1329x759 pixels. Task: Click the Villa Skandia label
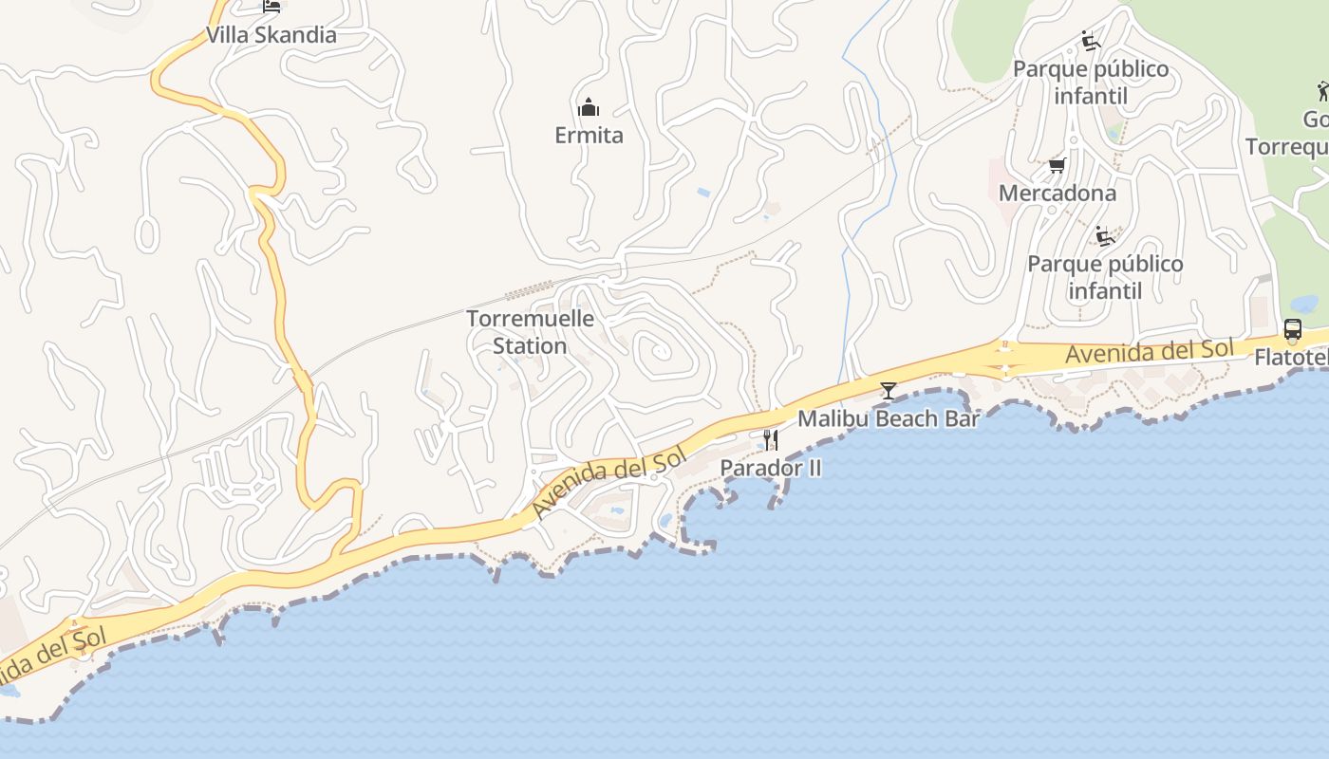pos(271,35)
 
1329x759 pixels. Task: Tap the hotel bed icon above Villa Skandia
pos(271,7)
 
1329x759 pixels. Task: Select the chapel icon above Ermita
pos(589,106)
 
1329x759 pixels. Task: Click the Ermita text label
pos(589,136)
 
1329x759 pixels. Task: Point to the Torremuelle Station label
pos(530,332)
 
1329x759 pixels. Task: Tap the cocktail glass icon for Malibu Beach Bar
pos(888,390)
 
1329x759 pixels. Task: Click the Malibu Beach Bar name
pos(888,418)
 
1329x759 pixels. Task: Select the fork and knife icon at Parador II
pos(770,439)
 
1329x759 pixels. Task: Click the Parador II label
pos(770,468)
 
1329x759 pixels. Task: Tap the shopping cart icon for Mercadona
pos(1057,166)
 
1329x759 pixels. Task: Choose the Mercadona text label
pos(1057,194)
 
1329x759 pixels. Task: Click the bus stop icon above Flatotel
pos(1292,329)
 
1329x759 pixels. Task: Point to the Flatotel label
pos(1291,358)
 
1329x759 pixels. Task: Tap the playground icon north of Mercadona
pos(1091,41)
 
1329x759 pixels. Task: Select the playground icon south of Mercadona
pos(1104,235)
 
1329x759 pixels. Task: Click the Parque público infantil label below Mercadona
pos(1105,277)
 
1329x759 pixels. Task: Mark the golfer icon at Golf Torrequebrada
pos(1322,92)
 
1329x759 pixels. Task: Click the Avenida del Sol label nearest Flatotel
pos(1149,352)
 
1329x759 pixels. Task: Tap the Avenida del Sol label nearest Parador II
pos(608,485)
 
